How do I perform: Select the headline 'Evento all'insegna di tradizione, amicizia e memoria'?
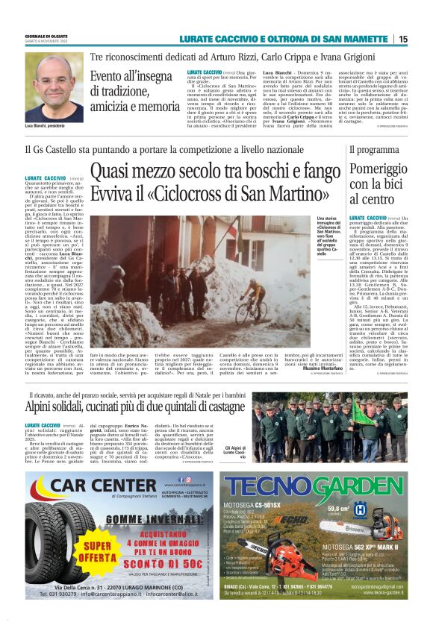point(134,91)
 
